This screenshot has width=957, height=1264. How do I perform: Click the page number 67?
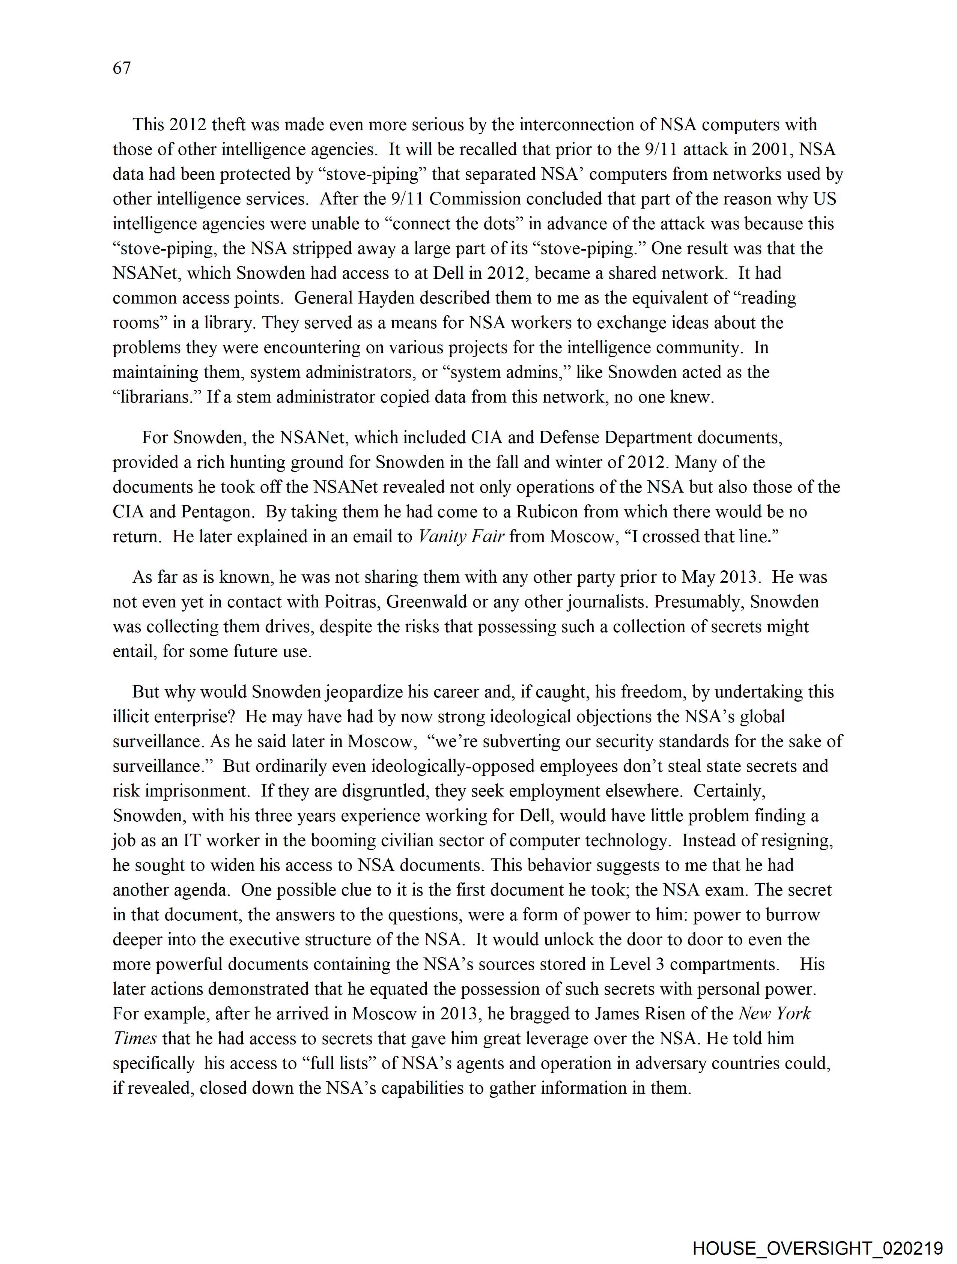(122, 68)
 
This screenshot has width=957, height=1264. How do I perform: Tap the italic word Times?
(134, 1038)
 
